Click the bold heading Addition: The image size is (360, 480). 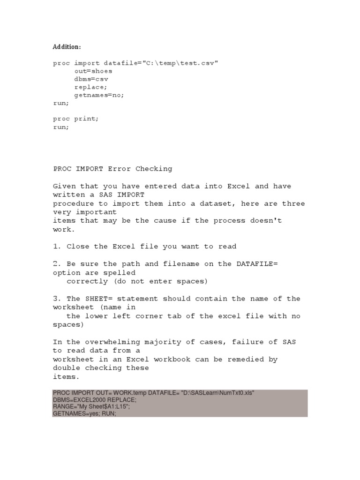(x=67, y=47)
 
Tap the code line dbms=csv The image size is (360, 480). (x=91, y=79)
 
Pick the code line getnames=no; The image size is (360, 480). (x=99, y=95)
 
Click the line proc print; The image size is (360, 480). (x=75, y=119)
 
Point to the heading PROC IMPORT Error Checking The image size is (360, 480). (x=112, y=169)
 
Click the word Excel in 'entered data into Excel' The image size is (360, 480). (x=239, y=186)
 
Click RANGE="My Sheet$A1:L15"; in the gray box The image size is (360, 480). (x=91, y=407)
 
